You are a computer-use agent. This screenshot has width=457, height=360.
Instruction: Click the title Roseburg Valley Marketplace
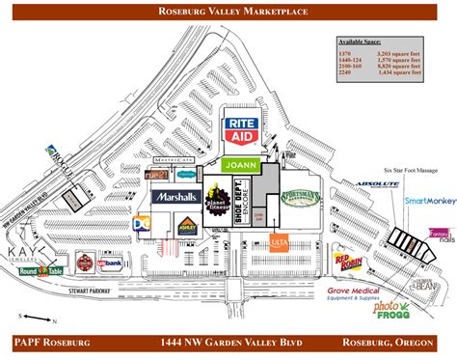pyautogui.click(x=228, y=11)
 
